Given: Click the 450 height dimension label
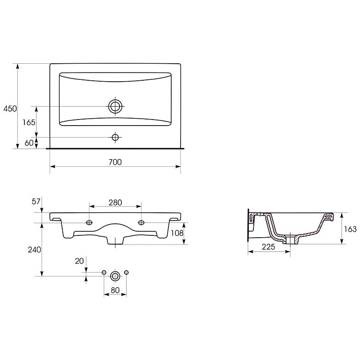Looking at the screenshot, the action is [10, 108].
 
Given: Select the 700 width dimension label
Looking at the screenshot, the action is [115, 162].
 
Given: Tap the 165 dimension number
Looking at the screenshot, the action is [29, 122].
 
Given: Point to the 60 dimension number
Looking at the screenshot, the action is [29, 143].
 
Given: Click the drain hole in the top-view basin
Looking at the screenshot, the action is [115, 106].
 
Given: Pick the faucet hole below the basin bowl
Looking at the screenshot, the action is [115, 137].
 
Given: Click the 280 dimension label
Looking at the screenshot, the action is [115, 203].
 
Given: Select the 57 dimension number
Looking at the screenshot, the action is [36, 201].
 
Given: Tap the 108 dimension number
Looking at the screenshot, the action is [177, 233].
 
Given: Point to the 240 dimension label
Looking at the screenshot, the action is [35, 250].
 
